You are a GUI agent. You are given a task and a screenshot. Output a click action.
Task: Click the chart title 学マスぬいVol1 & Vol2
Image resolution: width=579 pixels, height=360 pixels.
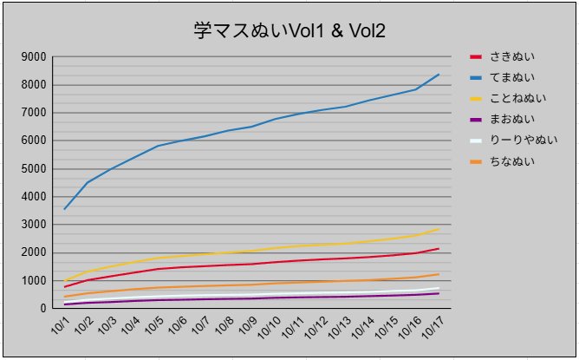click(x=289, y=31)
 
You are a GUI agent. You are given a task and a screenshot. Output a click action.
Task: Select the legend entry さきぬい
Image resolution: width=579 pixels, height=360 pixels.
click(x=512, y=56)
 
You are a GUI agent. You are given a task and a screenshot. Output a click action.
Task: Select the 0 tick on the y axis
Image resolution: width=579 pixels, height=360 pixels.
click(x=42, y=309)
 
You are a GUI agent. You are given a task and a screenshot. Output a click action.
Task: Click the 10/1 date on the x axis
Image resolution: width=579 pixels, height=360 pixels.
click(x=61, y=327)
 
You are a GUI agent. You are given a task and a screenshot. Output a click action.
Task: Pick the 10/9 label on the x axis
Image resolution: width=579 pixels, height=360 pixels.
click(x=247, y=327)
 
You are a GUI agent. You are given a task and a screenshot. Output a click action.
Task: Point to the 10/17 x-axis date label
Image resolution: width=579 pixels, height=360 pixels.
click(x=431, y=329)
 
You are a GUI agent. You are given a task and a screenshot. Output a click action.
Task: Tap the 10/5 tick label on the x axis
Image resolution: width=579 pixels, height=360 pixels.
click(x=153, y=327)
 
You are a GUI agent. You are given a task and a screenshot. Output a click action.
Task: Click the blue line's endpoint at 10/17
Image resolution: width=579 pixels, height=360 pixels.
click(x=439, y=75)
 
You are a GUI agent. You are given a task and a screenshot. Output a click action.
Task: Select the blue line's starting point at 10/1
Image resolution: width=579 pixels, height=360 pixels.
click(x=65, y=209)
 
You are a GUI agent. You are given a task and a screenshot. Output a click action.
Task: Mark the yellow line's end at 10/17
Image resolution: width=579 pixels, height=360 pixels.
click(x=439, y=229)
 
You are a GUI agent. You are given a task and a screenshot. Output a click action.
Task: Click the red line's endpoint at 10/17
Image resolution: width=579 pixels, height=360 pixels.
click(x=439, y=249)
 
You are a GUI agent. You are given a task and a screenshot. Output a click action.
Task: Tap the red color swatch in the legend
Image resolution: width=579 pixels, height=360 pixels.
click(x=475, y=56)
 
